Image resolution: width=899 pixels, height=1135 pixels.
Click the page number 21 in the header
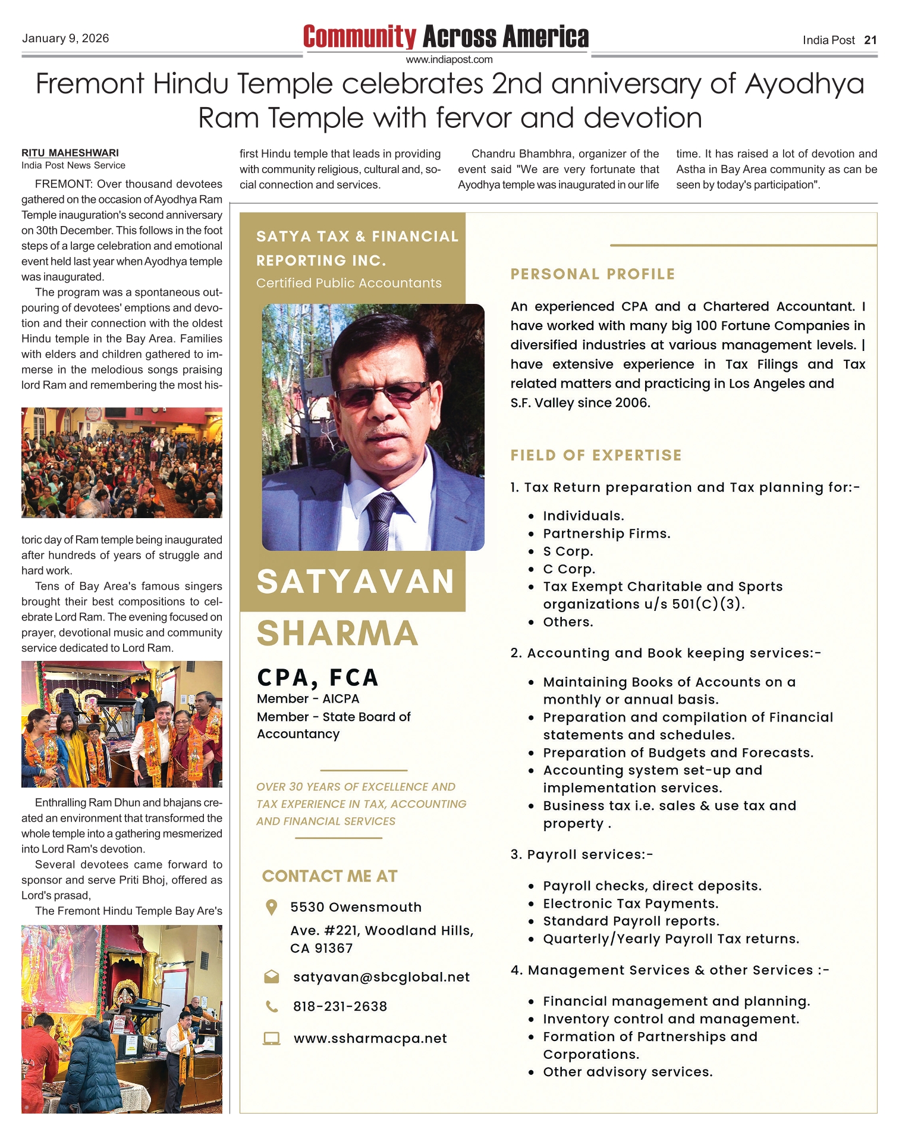tap(870, 40)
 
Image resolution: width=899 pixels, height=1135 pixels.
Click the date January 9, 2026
tap(65, 39)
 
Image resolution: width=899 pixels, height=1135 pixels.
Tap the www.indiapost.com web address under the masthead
tap(449, 59)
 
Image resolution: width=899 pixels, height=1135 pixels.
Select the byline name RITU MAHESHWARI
tap(70, 153)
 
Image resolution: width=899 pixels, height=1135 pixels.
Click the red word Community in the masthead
tap(360, 37)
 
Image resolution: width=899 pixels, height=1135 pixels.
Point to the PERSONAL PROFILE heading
tap(592, 274)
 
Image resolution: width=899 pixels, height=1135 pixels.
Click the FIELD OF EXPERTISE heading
tap(596, 456)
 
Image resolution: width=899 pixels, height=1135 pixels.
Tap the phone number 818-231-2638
tap(340, 1007)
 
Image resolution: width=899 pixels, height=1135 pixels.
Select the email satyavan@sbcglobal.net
tap(381, 977)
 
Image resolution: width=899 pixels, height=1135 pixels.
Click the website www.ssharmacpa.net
tap(370, 1038)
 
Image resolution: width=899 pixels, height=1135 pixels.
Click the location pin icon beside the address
tap(271, 907)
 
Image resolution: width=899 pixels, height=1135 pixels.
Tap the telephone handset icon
tap(271, 1007)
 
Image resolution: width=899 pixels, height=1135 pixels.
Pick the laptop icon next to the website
tap(271, 1039)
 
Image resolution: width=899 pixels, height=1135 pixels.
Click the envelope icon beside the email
tap(271, 977)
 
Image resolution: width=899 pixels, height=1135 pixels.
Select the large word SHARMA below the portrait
tap(337, 633)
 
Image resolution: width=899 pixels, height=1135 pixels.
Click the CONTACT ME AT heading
tap(329, 876)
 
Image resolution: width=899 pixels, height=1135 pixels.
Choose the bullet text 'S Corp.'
tap(568, 551)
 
